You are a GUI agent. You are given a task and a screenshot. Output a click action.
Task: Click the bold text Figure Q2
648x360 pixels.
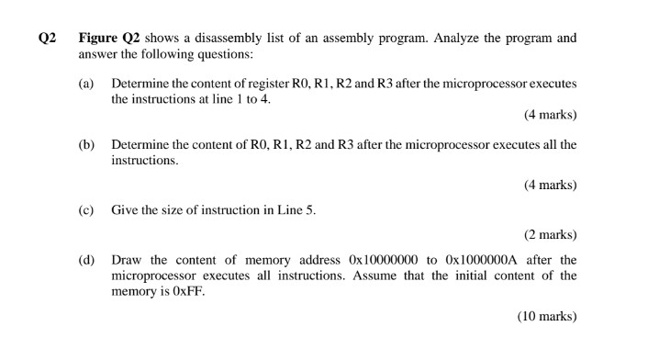pyautogui.click(x=108, y=39)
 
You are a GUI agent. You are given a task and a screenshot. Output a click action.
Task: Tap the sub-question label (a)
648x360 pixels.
pyautogui.click(x=86, y=84)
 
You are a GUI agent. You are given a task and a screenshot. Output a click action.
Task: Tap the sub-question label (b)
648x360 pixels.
pyautogui.click(x=86, y=145)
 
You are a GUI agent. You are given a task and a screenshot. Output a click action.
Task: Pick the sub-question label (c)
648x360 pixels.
pyautogui.click(x=86, y=209)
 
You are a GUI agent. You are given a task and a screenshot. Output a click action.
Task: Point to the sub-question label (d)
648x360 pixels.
pyautogui.click(x=86, y=260)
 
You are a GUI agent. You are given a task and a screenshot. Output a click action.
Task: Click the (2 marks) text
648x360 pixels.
pyautogui.click(x=551, y=234)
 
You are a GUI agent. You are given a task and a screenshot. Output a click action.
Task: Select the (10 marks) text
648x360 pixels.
pyautogui.click(x=547, y=317)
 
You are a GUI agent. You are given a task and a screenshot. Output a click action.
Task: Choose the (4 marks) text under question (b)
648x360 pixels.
pyautogui.click(x=551, y=185)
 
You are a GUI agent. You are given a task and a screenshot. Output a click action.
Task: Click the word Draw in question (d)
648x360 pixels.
pyautogui.click(x=126, y=260)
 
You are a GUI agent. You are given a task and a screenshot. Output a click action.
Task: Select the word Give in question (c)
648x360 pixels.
pyautogui.click(x=125, y=209)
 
